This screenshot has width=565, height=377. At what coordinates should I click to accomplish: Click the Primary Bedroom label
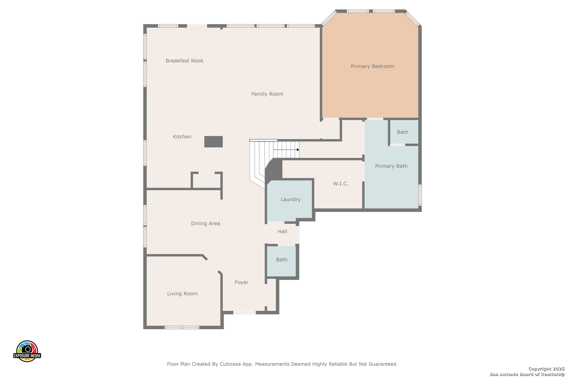click(372, 66)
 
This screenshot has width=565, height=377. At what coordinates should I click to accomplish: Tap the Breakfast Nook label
click(184, 61)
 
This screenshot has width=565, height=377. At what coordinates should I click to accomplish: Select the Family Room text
click(267, 94)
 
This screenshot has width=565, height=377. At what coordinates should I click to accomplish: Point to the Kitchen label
click(182, 136)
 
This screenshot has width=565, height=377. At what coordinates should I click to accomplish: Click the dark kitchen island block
click(213, 142)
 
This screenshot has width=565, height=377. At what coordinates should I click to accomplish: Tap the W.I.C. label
click(340, 184)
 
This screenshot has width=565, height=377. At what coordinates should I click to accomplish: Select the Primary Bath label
click(391, 166)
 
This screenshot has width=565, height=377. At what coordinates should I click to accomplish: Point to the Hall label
click(282, 231)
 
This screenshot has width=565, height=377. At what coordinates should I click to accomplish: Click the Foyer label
click(241, 282)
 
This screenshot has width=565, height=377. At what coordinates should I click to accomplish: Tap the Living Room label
click(182, 294)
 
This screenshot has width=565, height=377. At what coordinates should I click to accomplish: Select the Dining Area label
click(205, 223)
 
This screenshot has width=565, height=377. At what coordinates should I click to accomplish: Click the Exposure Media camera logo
click(27, 351)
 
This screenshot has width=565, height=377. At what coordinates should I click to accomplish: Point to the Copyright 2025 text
click(546, 369)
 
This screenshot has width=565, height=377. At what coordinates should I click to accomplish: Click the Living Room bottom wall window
click(182, 327)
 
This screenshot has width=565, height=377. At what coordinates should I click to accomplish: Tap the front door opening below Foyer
click(244, 313)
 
